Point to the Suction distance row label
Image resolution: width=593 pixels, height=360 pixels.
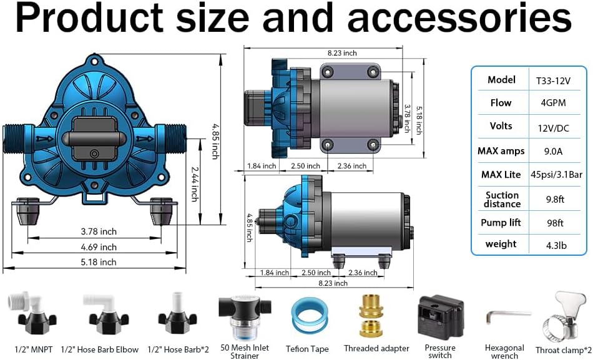point(502,200)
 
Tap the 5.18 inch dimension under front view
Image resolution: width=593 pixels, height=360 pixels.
point(99,263)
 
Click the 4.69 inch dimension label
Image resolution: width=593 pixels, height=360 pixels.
point(99,247)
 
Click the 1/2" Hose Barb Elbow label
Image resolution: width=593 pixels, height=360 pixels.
point(111,349)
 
